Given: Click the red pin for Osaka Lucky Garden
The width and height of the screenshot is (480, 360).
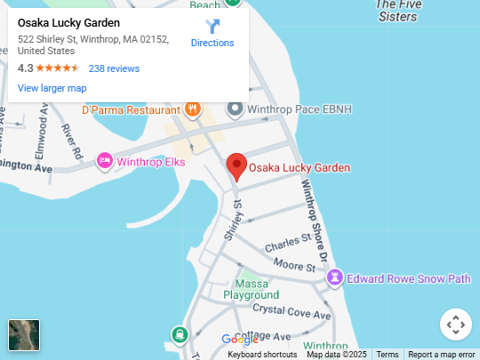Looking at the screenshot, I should pyautogui.click(x=236, y=166).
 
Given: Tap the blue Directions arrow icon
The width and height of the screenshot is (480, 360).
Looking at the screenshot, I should pyautogui.click(x=212, y=27).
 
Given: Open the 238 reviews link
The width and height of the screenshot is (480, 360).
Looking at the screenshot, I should pyautogui.click(x=114, y=68).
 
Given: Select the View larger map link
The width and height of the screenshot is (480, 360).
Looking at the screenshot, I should pyautogui.click(x=52, y=88).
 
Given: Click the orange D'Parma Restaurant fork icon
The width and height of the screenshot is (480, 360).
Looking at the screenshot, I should pyautogui.click(x=192, y=110).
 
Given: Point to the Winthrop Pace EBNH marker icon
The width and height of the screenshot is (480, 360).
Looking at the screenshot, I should pyautogui.click(x=235, y=109).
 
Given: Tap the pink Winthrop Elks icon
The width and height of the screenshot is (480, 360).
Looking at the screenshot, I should pyautogui.click(x=105, y=161).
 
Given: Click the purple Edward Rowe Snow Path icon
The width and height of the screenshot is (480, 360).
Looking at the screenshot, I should pyautogui.click(x=335, y=278).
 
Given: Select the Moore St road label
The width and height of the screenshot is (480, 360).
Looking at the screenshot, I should pyautogui.click(x=295, y=265).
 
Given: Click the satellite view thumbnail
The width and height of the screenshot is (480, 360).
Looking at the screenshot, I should pyautogui.click(x=24, y=335).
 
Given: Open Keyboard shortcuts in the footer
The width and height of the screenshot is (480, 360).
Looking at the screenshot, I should pyautogui.click(x=262, y=355).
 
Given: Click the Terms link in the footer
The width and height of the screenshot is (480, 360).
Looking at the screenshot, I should pyautogui.click(x=388, y=355).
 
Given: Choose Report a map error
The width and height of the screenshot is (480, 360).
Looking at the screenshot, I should pyautogui.click(x=442, y=355).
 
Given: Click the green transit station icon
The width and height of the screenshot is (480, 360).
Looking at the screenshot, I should pyautogui.click(x=180, y=335).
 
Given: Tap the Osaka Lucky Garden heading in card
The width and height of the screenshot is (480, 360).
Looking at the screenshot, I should pyautogui.click(x=68, y=23).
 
